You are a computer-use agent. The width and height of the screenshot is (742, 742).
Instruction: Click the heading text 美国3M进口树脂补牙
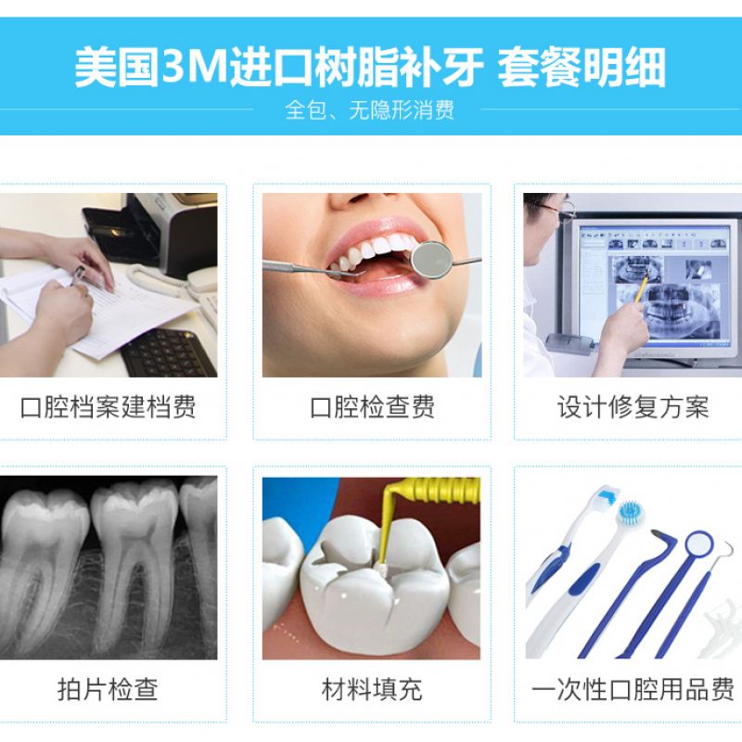click(279, 67)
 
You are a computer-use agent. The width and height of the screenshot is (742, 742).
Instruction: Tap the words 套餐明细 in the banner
click(582, 67)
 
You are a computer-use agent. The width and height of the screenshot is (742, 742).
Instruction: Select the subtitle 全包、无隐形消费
click(369, 109)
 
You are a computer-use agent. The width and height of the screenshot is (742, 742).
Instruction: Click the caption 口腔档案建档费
click(108, 407)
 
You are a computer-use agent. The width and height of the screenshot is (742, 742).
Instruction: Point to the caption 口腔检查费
click(372, 407)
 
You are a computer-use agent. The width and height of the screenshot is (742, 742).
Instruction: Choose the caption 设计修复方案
click(633, 407)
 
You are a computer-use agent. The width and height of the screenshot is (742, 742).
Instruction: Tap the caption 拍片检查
click(108, 689)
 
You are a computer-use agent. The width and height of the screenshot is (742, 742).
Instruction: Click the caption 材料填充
click(372, 689)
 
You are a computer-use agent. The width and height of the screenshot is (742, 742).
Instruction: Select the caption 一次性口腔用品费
click(633, 689)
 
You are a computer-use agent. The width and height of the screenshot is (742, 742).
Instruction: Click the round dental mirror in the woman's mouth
click(430, 260)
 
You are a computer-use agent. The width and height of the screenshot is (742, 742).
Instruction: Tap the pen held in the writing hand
click(78, 275)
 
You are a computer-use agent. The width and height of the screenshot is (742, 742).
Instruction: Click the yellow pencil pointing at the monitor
click(640, 288)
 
